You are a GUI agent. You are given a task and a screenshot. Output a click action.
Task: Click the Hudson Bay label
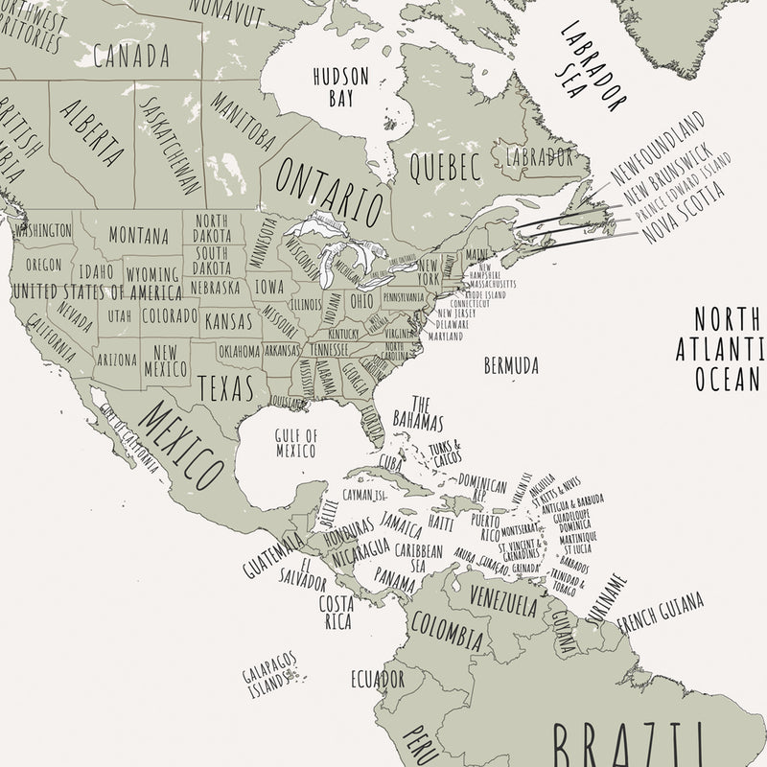(334, 84)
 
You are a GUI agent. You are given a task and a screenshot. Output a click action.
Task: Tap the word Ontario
(329, 189)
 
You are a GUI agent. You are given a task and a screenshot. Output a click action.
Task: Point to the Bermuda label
(511, 365)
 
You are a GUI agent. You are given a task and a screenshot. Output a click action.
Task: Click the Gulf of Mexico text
(296, 442)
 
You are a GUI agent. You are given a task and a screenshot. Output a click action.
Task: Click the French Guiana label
(661, 614)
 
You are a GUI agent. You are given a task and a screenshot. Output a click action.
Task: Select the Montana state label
(138, 235)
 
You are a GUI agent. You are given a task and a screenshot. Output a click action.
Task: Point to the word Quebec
(443, 169)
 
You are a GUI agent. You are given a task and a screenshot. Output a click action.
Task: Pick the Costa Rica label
(336, 612)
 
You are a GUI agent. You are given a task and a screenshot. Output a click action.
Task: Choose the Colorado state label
(170, 315)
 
